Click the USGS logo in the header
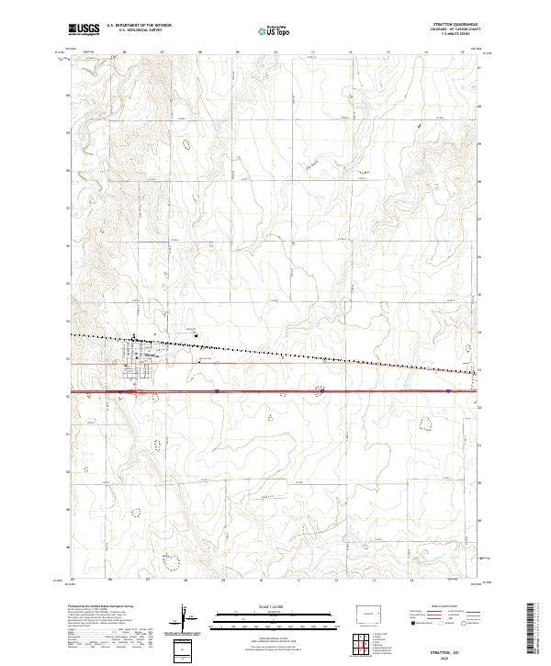coord(84,29)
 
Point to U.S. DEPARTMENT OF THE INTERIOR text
coord(139,26)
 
